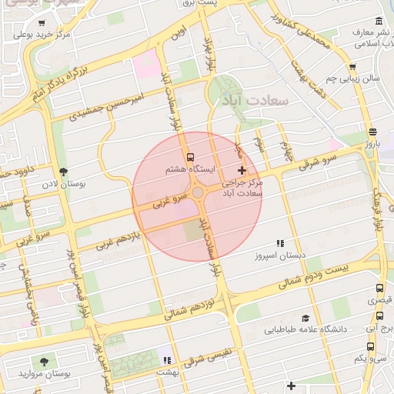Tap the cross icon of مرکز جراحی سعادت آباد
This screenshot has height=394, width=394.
click(242, 170)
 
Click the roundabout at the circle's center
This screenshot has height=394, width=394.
click(198, 192)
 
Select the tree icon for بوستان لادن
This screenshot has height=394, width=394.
click(63, 172)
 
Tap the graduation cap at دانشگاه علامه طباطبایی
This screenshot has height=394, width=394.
click(306, 318)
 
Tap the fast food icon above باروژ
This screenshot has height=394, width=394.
click(373, 131)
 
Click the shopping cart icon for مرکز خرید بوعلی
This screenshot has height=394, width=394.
click(41, 23)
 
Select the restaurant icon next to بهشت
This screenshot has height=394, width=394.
click(166, 359)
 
